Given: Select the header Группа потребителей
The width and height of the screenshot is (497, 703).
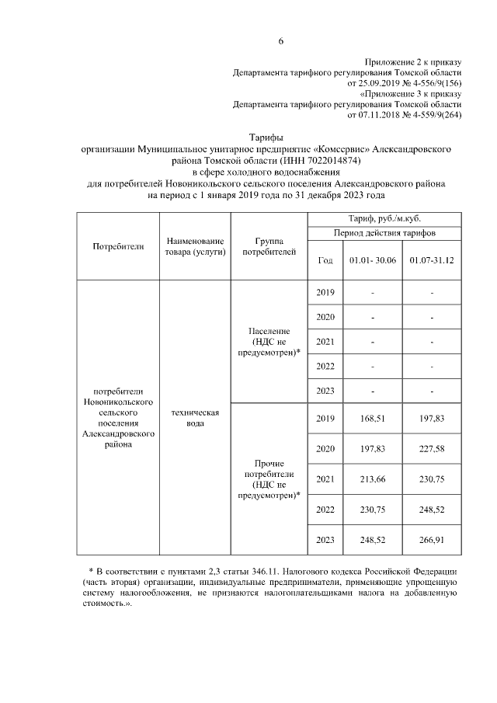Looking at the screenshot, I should pos(269,246).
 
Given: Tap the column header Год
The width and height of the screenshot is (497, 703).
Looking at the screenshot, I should pos(325,261).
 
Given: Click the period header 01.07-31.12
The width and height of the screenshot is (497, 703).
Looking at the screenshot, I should pos(432,261).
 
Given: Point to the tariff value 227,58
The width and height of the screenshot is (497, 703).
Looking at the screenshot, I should pos(432,449).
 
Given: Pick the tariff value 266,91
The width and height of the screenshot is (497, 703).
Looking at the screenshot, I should pos(432,540).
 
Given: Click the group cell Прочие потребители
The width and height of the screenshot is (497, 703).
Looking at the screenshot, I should pos(269,468).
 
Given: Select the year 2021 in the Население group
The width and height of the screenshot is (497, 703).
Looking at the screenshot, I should pos(325,341).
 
